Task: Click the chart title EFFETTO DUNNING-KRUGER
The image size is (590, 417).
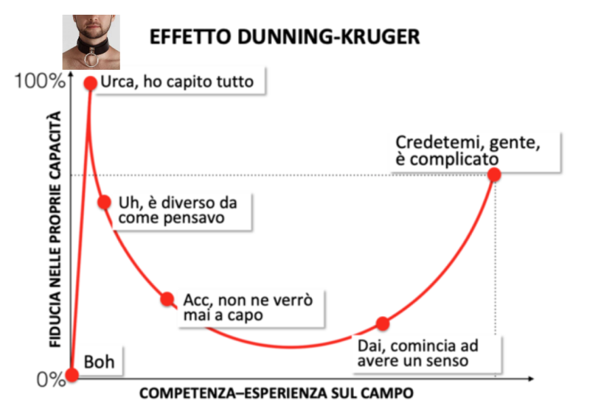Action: [x=284, y=37]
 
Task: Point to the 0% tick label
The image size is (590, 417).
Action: [x=50, y=379]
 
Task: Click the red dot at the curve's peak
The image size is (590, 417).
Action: [x=91, y=83]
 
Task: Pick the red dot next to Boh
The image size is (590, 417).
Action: [x=72, y=374]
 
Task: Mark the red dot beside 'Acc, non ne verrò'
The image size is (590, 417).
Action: [x=167, y=299]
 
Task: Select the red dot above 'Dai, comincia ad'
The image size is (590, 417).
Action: [x=382, y=323]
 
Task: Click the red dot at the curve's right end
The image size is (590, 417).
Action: [x=494, y=175]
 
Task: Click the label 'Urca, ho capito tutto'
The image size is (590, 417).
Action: [x=176, y=82]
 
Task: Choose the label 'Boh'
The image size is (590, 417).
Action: [x=100, y=362]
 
